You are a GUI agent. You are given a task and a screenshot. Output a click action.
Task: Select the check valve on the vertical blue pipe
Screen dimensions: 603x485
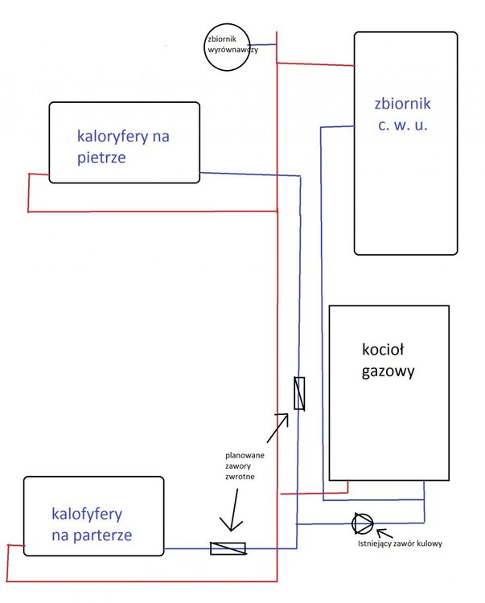299,394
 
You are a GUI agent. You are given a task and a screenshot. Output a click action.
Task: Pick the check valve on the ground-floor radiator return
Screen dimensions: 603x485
228,548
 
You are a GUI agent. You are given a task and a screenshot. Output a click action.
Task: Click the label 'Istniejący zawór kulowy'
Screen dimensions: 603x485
401,544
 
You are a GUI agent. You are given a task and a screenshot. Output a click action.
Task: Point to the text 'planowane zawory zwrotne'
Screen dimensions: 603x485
245,466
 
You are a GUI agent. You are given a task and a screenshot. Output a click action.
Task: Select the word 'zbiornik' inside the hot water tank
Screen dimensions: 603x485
403,104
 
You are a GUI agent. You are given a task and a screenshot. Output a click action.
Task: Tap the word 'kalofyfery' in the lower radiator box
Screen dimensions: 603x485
86,513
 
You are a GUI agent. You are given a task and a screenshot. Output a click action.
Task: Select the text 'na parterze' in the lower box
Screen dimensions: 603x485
91,534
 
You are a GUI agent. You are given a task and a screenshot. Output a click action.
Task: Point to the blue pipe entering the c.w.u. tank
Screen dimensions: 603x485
338,126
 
